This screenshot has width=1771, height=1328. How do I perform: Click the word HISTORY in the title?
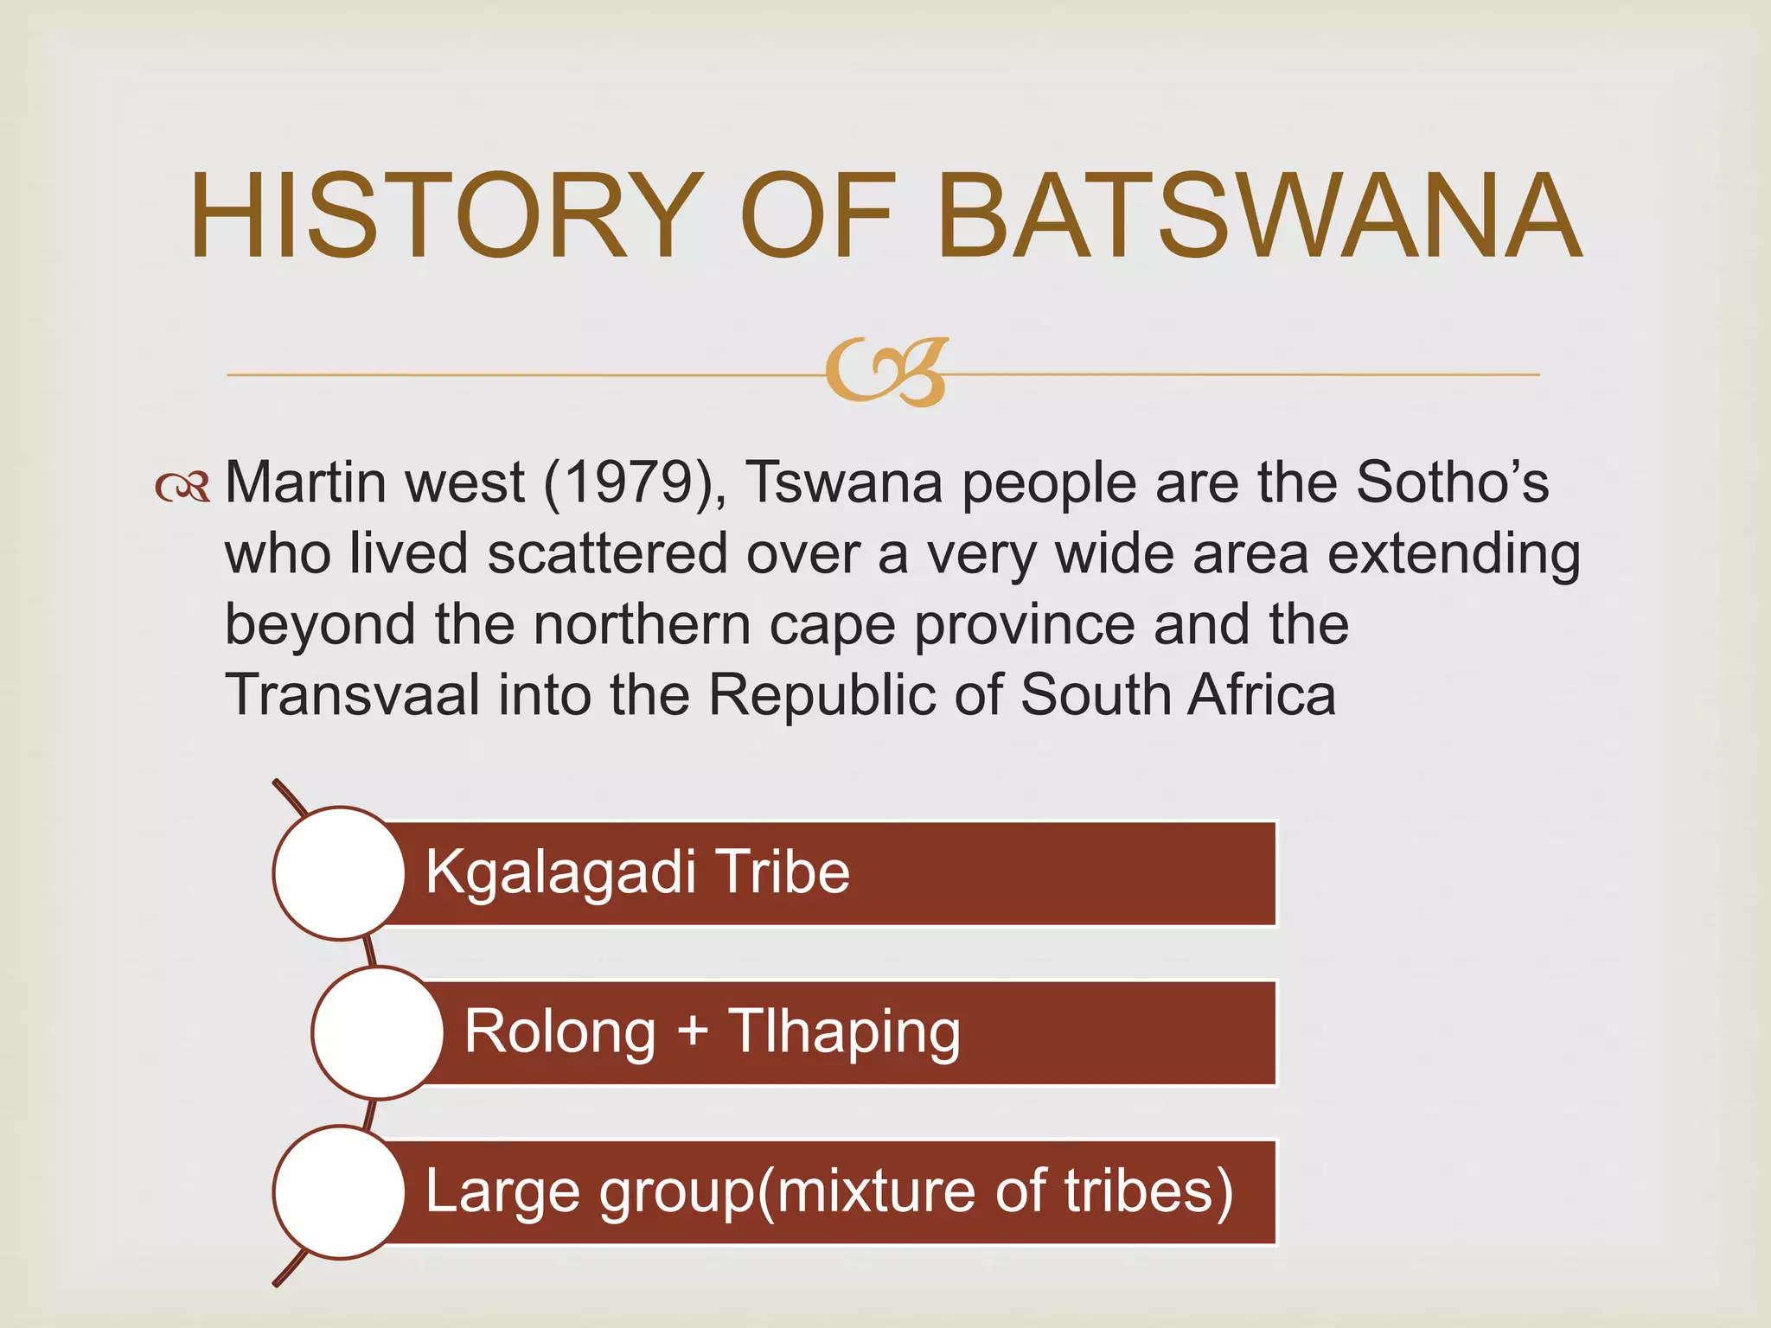pos(444,215)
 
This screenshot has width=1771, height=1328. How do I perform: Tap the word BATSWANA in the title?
pos(1259,215)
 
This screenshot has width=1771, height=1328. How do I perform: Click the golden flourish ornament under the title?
pos(886,373)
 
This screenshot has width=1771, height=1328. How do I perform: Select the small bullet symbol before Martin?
pos(182,488)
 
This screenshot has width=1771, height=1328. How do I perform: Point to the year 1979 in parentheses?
pos(634,482)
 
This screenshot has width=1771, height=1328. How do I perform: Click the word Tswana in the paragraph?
pos(844,482)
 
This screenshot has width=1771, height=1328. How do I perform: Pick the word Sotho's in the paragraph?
pos(1452,482)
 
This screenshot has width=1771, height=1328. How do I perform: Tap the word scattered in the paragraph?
pos(607,553)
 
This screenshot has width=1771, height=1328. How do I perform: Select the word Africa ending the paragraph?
pos(1262,695)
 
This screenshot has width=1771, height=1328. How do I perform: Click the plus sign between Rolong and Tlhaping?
pos(693,1032)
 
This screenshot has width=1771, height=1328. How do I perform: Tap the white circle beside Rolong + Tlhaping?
pos(378,1032)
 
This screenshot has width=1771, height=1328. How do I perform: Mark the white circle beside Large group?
pos(339,1191)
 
